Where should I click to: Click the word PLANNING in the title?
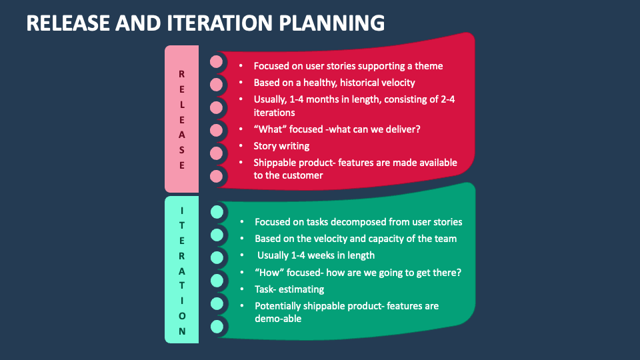(331, 23)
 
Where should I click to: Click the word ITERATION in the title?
(219, 23)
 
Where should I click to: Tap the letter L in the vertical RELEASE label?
(182, 105)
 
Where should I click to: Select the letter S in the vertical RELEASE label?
(182, 150)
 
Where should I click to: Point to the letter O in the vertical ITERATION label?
(182, 316)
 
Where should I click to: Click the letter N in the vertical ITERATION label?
(182, 331)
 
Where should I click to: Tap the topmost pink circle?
(216, 61)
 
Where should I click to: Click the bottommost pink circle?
(216, 176)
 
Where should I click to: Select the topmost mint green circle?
(217, 212)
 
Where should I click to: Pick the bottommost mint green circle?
(217, 327)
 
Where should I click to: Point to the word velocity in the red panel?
(396, 83)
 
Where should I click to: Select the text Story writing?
(281, 146)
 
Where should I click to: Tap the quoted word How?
(269, 272)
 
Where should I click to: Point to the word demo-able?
(278, 319)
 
